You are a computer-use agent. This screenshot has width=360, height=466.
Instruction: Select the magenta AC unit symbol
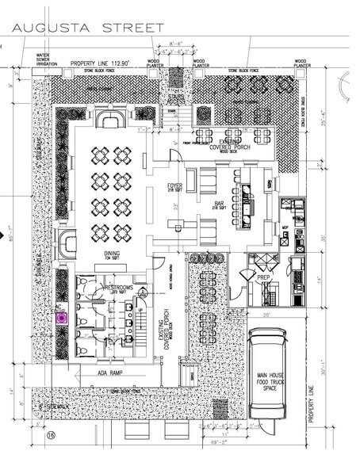(x=61, y=318)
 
